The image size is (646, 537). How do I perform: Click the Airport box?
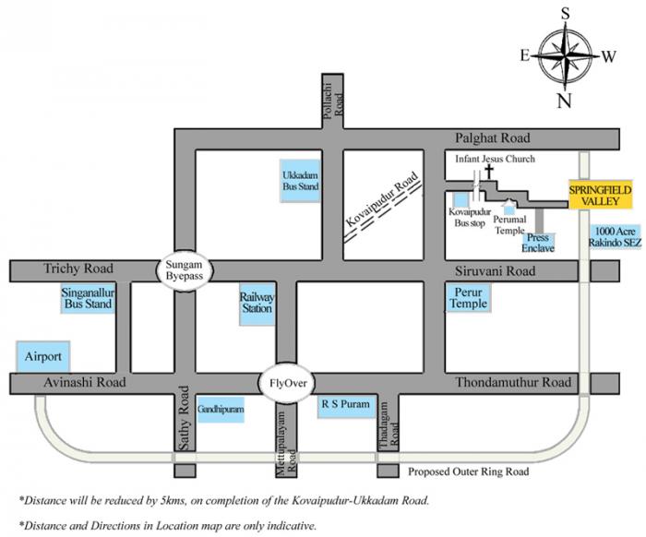tap(43, 355)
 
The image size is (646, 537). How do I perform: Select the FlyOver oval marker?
tap(287, 382)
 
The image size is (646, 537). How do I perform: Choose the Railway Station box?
tap(257, 302)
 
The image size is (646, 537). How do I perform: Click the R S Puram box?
tap(344, 404)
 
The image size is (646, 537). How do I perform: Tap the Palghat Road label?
tap(493, 137)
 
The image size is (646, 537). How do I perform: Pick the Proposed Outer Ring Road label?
tap(469, 471)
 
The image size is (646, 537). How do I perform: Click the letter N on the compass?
tap(563, 101)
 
